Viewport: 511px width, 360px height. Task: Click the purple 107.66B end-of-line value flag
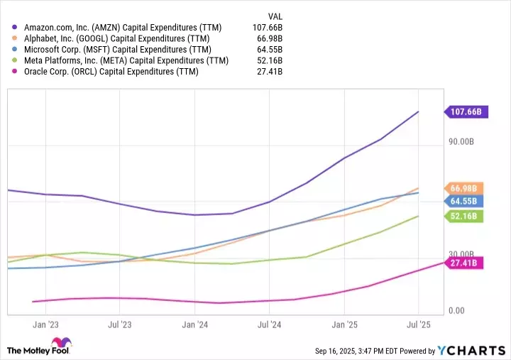466,111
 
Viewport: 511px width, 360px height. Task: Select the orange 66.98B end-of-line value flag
466,188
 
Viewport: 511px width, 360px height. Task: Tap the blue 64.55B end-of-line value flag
466,201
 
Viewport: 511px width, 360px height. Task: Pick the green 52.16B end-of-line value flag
466,217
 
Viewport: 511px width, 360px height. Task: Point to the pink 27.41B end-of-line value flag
466,263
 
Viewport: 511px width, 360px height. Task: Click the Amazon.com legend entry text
123,27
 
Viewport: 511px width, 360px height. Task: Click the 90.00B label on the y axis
461,142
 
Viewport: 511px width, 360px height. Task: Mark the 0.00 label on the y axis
457,311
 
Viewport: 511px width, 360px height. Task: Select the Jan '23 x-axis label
45,324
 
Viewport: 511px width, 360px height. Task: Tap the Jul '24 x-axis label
269,324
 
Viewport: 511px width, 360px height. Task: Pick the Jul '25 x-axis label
418,324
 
